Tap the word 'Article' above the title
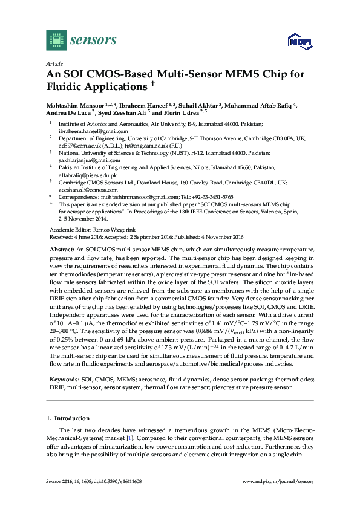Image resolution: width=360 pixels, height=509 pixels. (x=54, y=63)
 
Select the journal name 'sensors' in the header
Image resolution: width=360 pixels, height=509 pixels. (x=94, y=41)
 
